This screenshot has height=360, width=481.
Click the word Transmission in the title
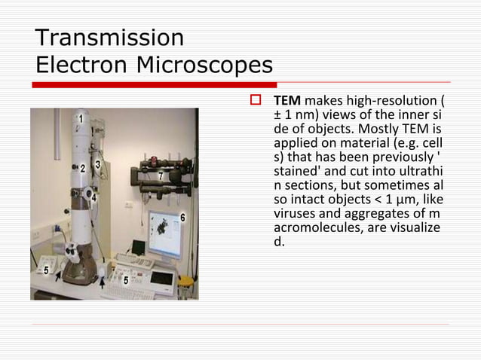tap(109, 37)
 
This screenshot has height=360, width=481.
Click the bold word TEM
tap(287, 101)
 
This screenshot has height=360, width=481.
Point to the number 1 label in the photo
tap(81, 119)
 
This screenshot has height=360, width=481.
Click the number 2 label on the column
tap(82, 169)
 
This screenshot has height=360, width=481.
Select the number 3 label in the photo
tap(98, 163)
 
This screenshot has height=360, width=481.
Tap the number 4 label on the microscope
tap(93, 197)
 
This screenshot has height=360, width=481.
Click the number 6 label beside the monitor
tap(182, 218)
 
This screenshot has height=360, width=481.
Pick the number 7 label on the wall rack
tap(160, 176)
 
